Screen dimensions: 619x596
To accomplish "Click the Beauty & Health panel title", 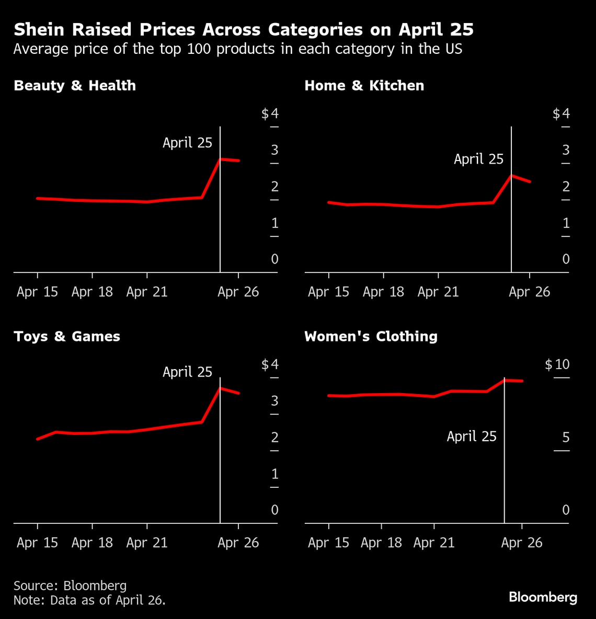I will click(x=75, y=86).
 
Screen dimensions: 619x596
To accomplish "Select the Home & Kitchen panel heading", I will click(x=364, y=86).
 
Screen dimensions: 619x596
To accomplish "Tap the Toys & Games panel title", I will click(x=67, y=336).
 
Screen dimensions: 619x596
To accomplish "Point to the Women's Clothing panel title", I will click(x=371, y=336).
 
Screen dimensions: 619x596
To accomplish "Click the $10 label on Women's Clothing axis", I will click(x=557, y=364).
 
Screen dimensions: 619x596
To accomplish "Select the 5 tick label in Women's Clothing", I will click(x=565, y=437).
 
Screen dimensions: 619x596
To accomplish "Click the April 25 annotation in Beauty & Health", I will click(x=187, y=143).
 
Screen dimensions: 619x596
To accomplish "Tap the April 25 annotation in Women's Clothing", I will click(x=471, y=436).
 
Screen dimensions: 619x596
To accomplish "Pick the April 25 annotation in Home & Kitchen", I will click(x=478, y=159).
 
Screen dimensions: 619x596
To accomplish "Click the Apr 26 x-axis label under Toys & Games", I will click(x=238, y=543).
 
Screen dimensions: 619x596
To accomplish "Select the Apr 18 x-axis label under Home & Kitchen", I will click(x=383, y=292).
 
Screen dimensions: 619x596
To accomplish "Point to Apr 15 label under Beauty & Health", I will click(x=37, y=292).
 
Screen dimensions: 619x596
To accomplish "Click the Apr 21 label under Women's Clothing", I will click(x=433, y=543).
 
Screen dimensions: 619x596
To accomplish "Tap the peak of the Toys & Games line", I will click(x=220, y=388).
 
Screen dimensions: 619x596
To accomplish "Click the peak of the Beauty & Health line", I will click(x=220, y=159).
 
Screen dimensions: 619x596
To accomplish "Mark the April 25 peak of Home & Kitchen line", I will click(x=511, y=176).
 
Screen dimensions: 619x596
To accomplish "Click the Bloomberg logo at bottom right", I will click(x=543, y=597).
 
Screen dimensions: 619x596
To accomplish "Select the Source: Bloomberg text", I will click(x=70, y=585).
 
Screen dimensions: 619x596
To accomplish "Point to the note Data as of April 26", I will click(x=89, y=600).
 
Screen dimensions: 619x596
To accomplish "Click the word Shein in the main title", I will click(x=39, y=30).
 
